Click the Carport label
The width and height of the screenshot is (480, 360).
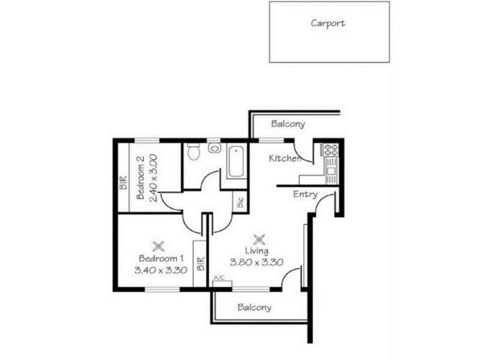(x=328, y=24)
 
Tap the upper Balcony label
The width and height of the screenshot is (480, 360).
(x=288, y=125)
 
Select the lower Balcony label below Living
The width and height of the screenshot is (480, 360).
(x=254, y=307)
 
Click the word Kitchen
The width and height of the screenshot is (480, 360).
(x=284, y=159)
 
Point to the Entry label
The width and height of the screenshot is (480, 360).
(x=305, y=194)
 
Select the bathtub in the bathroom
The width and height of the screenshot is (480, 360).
(x=235, y=161)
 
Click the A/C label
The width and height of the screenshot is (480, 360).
(x=218, y=278)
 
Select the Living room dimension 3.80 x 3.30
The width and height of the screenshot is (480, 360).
(x=257, y=262)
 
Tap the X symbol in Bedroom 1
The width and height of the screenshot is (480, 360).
(x=158, y=245)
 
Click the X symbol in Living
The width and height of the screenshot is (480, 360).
(x=259, y=238)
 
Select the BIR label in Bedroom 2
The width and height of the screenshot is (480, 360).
(x=123, y=182)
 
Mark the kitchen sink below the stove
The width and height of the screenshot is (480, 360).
(x=331, y=171)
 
